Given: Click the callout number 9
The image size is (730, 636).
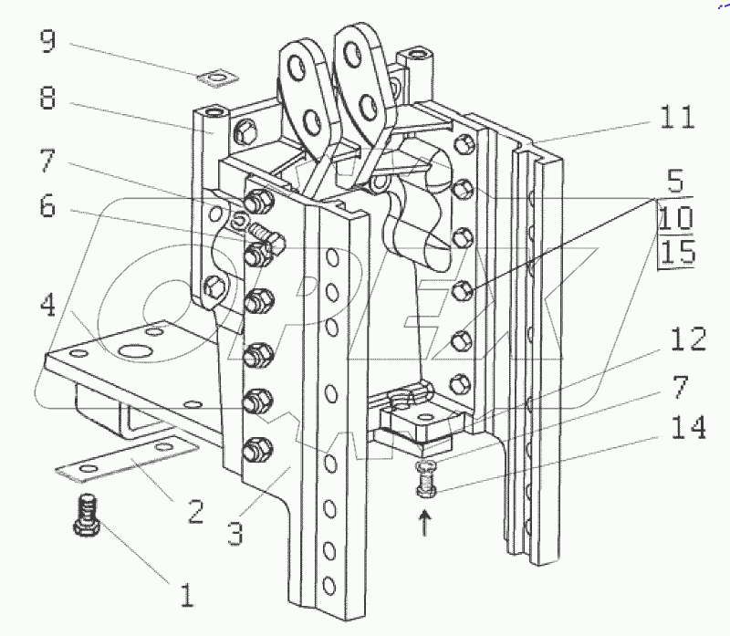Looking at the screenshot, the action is coord(48,41).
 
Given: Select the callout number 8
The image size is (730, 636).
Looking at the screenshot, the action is coord(48,98).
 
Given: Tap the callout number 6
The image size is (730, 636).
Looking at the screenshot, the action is coord(47,206).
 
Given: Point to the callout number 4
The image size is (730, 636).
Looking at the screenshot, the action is coord(48,306).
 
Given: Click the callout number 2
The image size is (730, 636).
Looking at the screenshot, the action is coord(195,511).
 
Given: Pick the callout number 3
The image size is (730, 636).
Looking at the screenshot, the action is coord(235,534).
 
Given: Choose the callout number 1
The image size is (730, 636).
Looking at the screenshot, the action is coord(187,595).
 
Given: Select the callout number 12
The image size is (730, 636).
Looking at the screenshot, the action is coord(689,339).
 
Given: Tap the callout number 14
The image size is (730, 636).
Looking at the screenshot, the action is coord(689,428).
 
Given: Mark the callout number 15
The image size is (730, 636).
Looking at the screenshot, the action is coord(677,252).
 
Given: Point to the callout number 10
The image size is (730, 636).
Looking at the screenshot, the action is coord(676,217).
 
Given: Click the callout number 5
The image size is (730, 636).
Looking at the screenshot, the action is coord(675,181).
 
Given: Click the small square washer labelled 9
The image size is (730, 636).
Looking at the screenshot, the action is coord(217,78).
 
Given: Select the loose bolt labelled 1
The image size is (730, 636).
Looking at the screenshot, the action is coord(86,515).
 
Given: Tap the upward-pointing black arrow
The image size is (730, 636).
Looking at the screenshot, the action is coord(424,522).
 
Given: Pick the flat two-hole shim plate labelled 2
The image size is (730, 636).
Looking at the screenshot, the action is coord(127,458).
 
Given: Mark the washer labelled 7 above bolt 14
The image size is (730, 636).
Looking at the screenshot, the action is coord(426,464).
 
